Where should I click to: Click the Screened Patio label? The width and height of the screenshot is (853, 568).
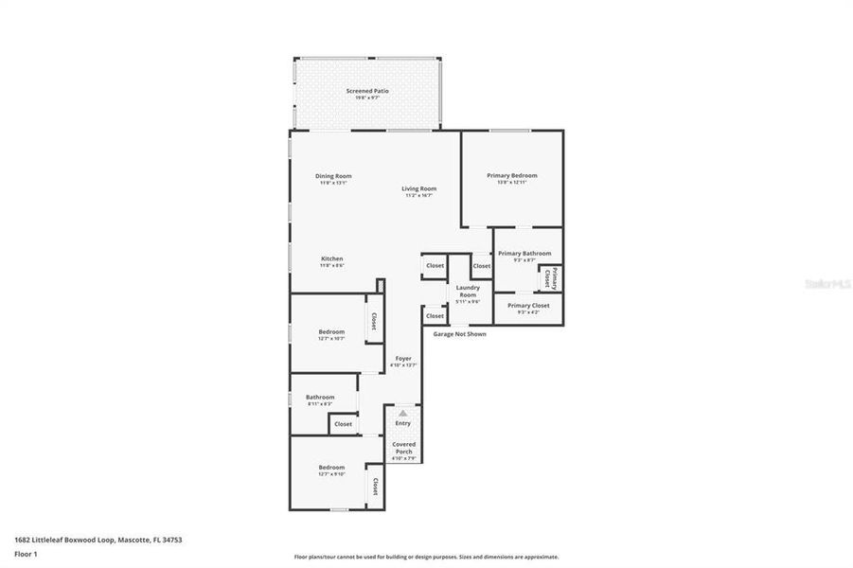(366, 91)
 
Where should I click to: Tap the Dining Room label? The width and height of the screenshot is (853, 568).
(333, 176)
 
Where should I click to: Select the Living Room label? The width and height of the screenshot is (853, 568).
(418, 188)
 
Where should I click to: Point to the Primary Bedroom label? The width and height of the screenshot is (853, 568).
(512, 175)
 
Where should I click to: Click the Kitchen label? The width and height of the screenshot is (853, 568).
(331, 258)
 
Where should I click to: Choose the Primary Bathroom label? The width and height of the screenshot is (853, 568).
(524, 253)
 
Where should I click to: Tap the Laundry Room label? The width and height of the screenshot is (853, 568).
(468, 291)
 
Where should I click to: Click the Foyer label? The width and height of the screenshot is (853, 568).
(403, 358)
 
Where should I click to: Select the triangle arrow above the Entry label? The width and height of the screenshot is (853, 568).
(403, 413)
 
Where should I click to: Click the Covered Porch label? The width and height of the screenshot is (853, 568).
(403, 448)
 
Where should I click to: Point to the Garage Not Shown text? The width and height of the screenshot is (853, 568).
(460, 334)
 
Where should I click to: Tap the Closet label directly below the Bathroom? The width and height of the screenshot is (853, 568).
(343, 424)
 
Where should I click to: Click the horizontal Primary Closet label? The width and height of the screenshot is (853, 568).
(528, 305)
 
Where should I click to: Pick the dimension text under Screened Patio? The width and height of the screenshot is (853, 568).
(366, 98)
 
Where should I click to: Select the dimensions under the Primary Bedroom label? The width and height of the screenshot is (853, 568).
(512, 182)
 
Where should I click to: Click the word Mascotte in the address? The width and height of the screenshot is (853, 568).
(135, 540)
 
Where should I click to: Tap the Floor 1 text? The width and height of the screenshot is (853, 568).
(27, 554)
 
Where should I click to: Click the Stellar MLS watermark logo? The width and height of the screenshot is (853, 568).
(826, 282)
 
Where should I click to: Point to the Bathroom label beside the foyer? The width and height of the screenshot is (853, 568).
(320, 397)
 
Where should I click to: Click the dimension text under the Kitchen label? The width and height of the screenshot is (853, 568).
(331, 266)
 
